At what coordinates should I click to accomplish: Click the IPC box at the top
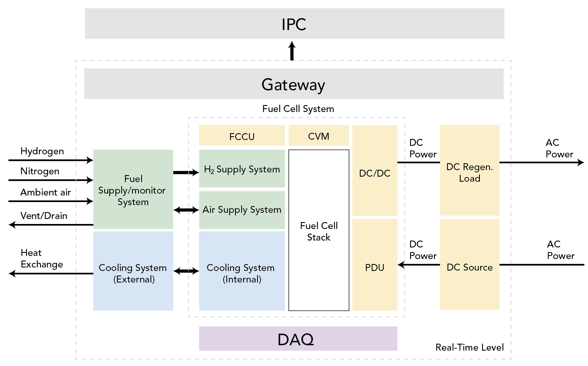click(x=294, y=24)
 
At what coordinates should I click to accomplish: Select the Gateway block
click(x=294, y=84)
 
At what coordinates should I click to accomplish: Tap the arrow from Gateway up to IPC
click(x=292, y=51)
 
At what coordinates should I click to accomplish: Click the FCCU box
click(x=242, y=136)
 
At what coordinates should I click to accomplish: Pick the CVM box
click(x=319, y=136)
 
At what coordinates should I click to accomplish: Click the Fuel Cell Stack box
click(x=319, y=231)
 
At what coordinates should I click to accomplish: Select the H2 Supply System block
click(x=242, y=169)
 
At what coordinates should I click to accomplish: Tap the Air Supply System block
click(x=242, y=210)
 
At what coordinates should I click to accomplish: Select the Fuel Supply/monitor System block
click(x=133, y=190)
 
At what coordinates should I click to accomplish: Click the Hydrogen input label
click(x=42, y=151)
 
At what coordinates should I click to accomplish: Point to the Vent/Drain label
click(x=44, y=216)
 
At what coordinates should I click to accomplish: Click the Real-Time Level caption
click(x=469, y=347)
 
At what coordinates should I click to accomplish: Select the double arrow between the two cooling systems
click(x=186, y=271)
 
